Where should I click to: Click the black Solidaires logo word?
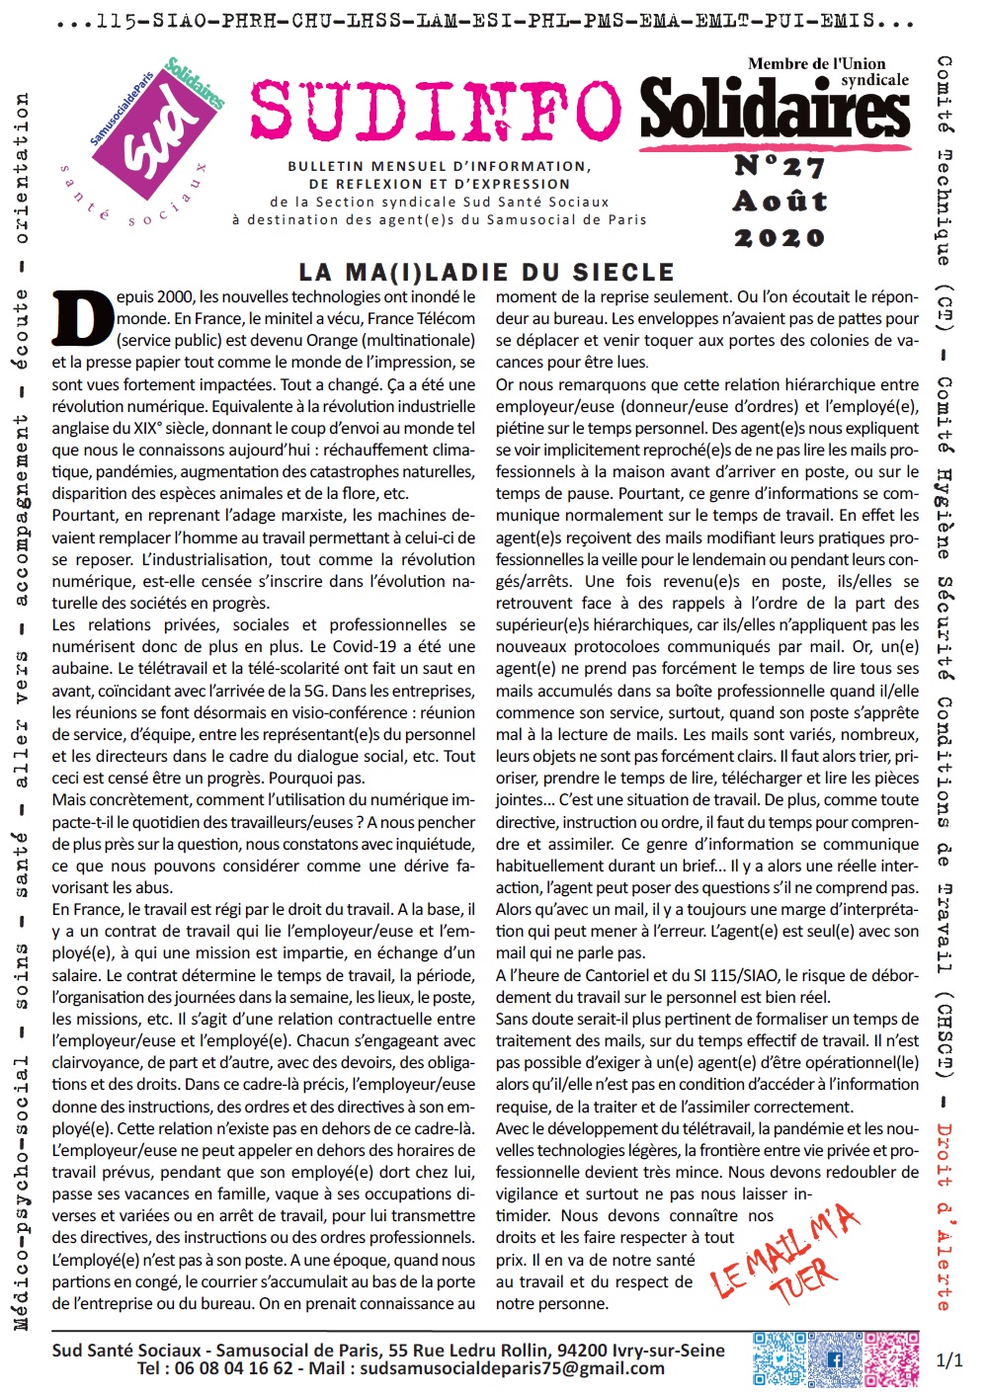tap(775, 110)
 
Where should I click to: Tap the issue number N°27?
tap(780, 165)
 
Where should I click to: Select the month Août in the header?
tap(780, 202)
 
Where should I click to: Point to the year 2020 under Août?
tap(780, 238)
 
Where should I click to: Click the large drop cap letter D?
tap(82, 319)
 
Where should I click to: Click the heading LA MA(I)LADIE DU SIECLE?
tap(486, 272)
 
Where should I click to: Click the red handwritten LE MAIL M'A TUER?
tap(785, 1256)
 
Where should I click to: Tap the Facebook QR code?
tap(836, 1358)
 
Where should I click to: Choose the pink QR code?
tap(892, 1358)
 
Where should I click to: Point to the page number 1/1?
tap(948, 1360)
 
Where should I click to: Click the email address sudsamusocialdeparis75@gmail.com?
tap(512, 1368)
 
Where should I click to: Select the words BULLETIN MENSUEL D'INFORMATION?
tap(440, 167)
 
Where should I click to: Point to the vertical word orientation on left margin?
tap(22, 168)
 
